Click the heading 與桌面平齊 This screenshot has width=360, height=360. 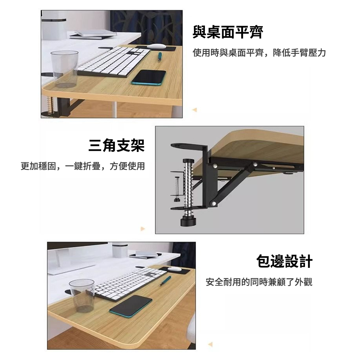pyautogui.click(x=228, y=32)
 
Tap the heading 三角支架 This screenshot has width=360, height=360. pyautogui.click(x=116, y=145)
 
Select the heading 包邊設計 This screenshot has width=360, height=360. pyautogui.click(x=284, y=261)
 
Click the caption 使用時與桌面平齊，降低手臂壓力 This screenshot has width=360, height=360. pyautogui.click(x=259, y=53)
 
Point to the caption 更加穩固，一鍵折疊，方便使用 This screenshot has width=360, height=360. pyautogui.click(x=83, y=166)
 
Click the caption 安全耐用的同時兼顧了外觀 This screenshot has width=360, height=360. pyautogui.click(x=259, y=282)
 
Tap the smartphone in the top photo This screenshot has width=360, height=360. pyautogui.click(x=149, y=77)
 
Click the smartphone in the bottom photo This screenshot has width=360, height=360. pyautogui.click(x=131, y=306)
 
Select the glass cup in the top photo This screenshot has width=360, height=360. pyautogui.click(x=64, y=69)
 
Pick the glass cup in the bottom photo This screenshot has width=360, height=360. pyautogui.click(x=82, y=296)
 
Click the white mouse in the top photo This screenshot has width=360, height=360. pyautogui.click(x=157, y=46)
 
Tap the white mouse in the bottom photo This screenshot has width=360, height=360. pyautogui.click(x=175, y=269)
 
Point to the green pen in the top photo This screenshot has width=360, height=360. pyautogui.click(x=159, y=57)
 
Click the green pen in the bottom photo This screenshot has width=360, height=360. pyautogui.click(x=166, y=281)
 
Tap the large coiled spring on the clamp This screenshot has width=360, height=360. pyautogui.click(x=189, y=186)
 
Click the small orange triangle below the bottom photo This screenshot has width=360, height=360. pyautogui.click(x=210, y=344)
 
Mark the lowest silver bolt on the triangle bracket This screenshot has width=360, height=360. pyautogui.click(x=214, y=203)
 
